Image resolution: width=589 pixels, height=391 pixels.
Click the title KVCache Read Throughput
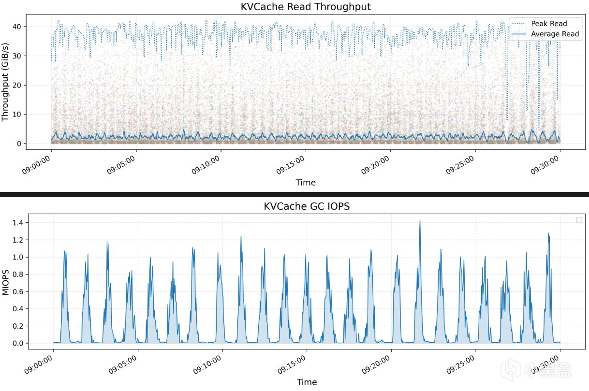306,7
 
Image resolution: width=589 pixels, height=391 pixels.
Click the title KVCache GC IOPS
307,206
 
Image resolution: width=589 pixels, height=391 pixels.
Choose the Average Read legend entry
554,34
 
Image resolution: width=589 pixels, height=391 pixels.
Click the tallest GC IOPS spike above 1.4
420,221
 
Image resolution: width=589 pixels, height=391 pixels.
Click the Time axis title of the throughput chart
306,182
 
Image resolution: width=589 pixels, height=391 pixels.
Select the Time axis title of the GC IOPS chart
307,382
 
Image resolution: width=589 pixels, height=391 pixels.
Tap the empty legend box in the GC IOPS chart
579,220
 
